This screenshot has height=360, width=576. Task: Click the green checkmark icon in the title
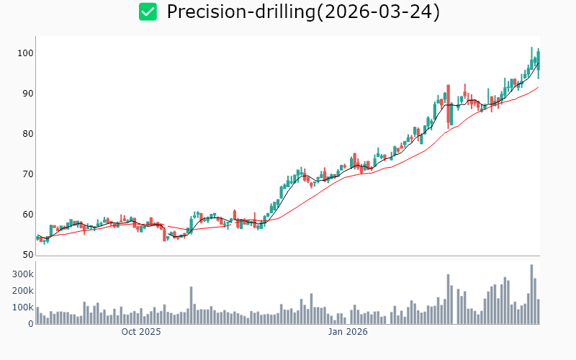pos(148,12)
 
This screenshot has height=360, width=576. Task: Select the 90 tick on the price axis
pos(27,94)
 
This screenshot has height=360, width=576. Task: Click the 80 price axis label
pos(27,134)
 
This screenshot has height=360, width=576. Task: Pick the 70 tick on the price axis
pos(27,174)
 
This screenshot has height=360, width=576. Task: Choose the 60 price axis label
pos(27,215)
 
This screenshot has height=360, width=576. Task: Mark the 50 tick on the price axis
pos(27,255)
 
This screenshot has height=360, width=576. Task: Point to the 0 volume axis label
pos(30,324)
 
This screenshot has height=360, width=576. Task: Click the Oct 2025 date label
pos(141,333)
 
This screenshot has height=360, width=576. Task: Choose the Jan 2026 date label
pos(348,333)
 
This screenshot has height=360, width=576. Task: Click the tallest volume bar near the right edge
pos(531,294)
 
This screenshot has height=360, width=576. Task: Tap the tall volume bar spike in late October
pos(192,305)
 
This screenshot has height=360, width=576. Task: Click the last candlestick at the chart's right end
pos(538,63)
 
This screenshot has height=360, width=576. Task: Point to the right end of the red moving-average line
pos(538,87)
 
